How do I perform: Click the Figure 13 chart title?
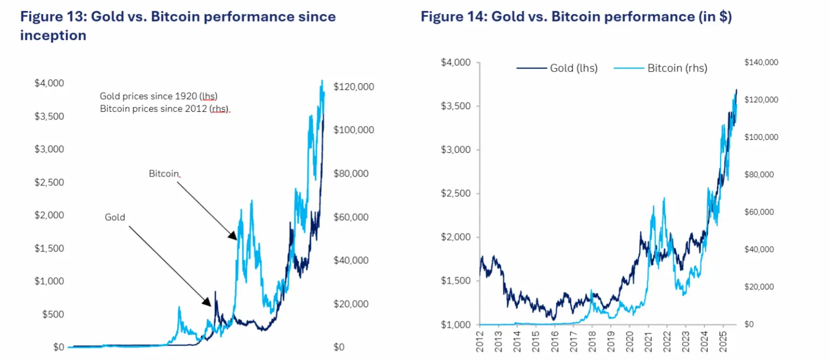coord(178,26)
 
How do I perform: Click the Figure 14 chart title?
coord(576,17)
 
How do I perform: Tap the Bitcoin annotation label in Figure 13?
coord(164,174)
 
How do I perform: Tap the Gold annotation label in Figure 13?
coord(114,218)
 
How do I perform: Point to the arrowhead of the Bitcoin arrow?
coord(234,237)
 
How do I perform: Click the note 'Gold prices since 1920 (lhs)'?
coord(158,96)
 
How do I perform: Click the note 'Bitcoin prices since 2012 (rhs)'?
coord(165,109)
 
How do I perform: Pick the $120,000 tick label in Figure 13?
coord(354,87)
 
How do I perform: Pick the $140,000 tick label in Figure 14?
coord(761,63)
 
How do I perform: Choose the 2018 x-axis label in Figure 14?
coord(592,342)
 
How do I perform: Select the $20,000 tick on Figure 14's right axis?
coord(759,287)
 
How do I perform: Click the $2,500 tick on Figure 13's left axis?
coord(49,182)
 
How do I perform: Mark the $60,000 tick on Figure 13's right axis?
coord(351,218)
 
